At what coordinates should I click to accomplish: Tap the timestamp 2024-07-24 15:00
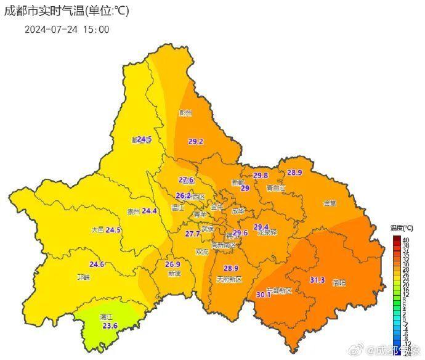pyautogui.click(x=67, y=29)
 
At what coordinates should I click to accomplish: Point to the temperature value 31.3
pyautogui.click(x=317, y=280)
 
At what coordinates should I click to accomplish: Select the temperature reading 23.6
pyautogui.click(x=109, y=325)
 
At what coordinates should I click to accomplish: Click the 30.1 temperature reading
pyautogui.click(x=264, y=294)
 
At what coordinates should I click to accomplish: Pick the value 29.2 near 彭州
pyautogui.click(x=196, y=141)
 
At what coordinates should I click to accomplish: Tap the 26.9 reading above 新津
pyautogui.click(x=173, y=264)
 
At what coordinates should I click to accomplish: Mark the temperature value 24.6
pyautogui.click(x=97, y=264)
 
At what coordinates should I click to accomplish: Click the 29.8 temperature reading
pyautogui.click(x=261, y=176)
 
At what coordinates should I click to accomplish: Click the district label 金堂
pyautogui.click(x=330, y=203)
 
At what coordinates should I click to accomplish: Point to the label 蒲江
pyautogui.click(x=106, y=317)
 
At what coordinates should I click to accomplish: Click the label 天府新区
pyautogui.click(x=229, y=279)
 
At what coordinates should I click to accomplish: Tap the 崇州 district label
pyautogui.click(x=133, y=211)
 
